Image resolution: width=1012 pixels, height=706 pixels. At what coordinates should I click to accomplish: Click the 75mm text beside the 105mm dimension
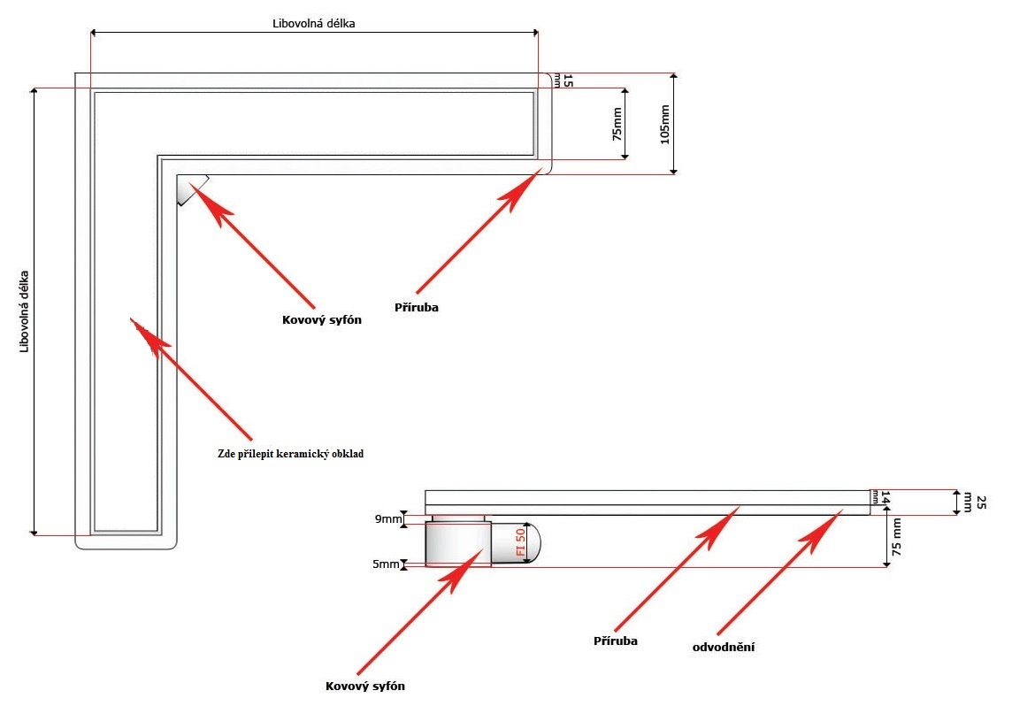pos(617,124)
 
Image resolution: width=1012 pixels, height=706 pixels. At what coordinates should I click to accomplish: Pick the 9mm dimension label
pos(386,519)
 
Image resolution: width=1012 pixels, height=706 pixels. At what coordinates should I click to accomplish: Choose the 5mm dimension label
pos(386,564)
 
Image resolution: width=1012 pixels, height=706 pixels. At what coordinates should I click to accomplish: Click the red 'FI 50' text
pos(521,541)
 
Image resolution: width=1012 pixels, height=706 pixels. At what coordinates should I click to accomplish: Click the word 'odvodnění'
pos(724,647)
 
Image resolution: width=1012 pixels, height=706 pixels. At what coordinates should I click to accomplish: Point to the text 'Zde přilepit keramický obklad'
pos(291,453)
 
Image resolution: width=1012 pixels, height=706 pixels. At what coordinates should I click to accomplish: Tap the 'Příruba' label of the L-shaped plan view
pos(416,308)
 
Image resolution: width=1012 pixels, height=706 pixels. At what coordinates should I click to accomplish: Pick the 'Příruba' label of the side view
pos(616,640)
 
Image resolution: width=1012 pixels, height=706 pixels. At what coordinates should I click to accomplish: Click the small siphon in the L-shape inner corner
pos(188,188)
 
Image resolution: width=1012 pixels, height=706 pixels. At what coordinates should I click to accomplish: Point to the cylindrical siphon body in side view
pos(457,543)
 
